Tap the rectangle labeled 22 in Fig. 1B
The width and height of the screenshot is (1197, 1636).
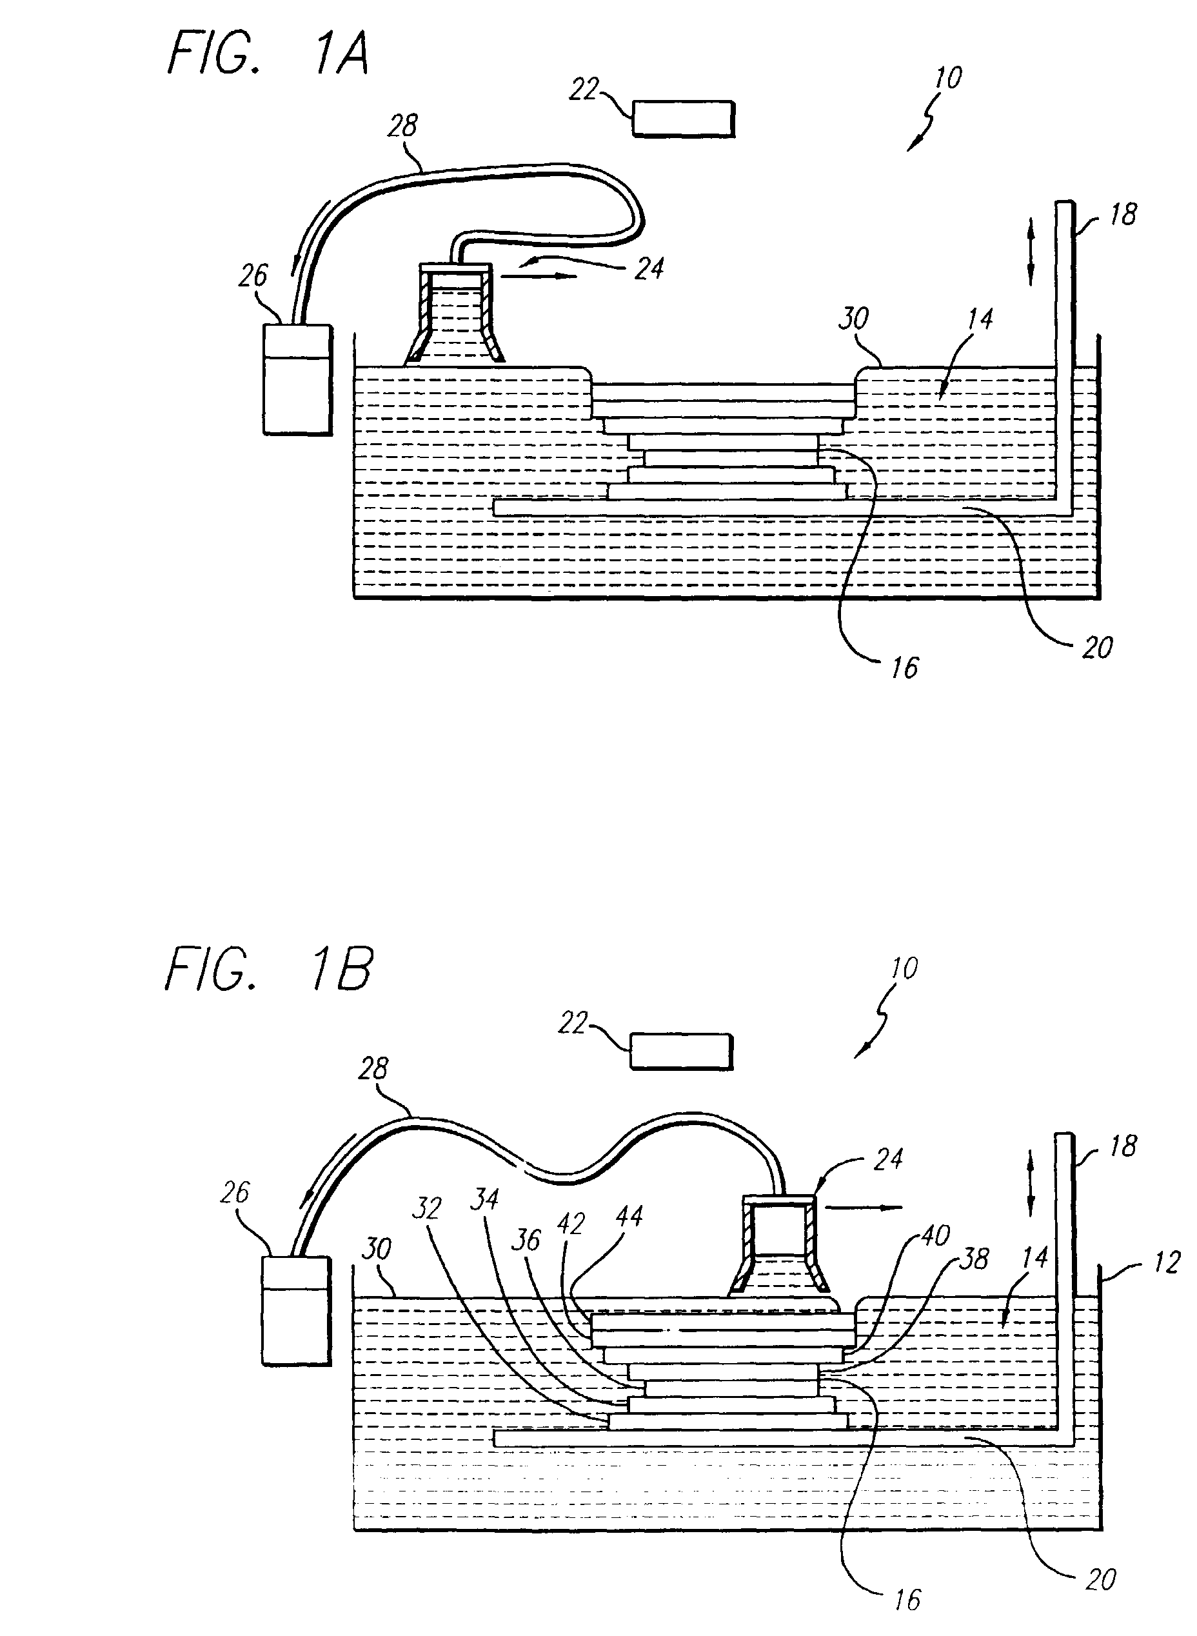tap(681, 1052)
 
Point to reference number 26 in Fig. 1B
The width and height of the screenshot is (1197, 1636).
tap(235, 1193)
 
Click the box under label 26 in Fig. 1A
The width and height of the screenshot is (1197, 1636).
tap(297, 379)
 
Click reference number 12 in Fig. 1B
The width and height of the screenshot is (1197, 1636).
tap(1166, 1262)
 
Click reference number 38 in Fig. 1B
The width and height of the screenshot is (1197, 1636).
tap(973, 1259)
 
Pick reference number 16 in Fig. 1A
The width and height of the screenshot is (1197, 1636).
tap(904, 668)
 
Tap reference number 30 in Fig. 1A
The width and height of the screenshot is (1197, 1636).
tap(853, 318)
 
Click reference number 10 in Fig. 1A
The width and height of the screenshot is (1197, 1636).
tap(948, 78)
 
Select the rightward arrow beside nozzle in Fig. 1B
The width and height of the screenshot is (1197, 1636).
tap(863, 1208)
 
